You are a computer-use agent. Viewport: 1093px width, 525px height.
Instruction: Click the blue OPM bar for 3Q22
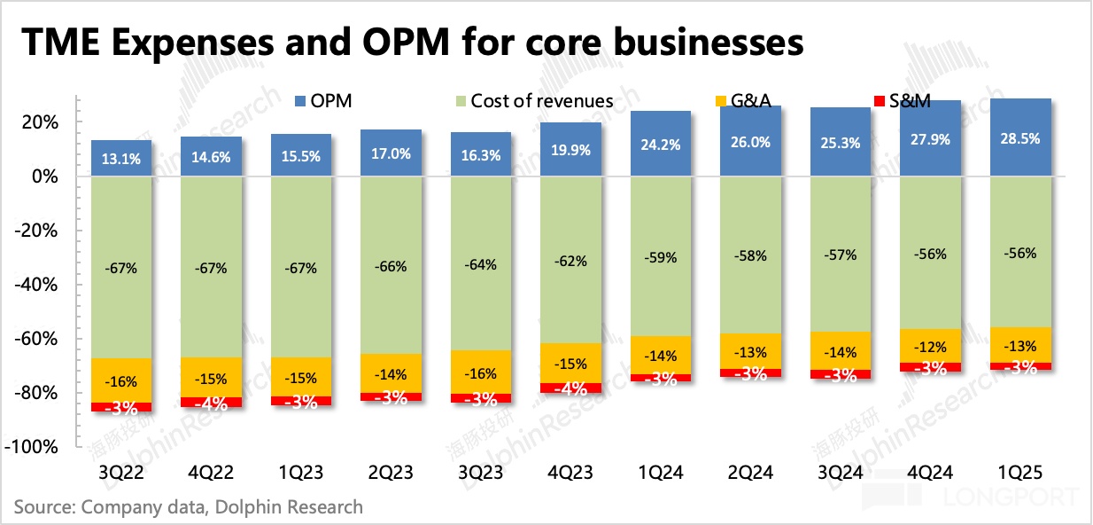point(120,159)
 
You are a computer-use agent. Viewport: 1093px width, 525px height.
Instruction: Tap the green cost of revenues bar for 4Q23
point(571,261)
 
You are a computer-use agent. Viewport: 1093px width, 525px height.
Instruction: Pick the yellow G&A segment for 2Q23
point(391,373)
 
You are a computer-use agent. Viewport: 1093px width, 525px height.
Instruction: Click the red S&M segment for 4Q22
point(211,403)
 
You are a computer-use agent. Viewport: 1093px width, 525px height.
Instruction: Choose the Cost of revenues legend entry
point(533,101)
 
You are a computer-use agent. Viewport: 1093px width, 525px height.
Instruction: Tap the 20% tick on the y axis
point(42,122)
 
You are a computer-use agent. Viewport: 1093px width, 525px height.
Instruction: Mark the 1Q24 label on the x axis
point(663,473)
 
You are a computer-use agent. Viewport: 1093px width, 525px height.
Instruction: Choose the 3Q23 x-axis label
point(481,473)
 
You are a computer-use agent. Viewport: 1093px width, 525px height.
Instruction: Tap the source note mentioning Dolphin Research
point(188,507)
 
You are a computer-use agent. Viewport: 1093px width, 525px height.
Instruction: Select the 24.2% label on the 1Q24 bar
point(663,144)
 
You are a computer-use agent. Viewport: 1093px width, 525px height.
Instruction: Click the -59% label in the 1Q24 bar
point(663,258)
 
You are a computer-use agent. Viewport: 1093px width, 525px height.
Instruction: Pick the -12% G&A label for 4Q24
point(934,347)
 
